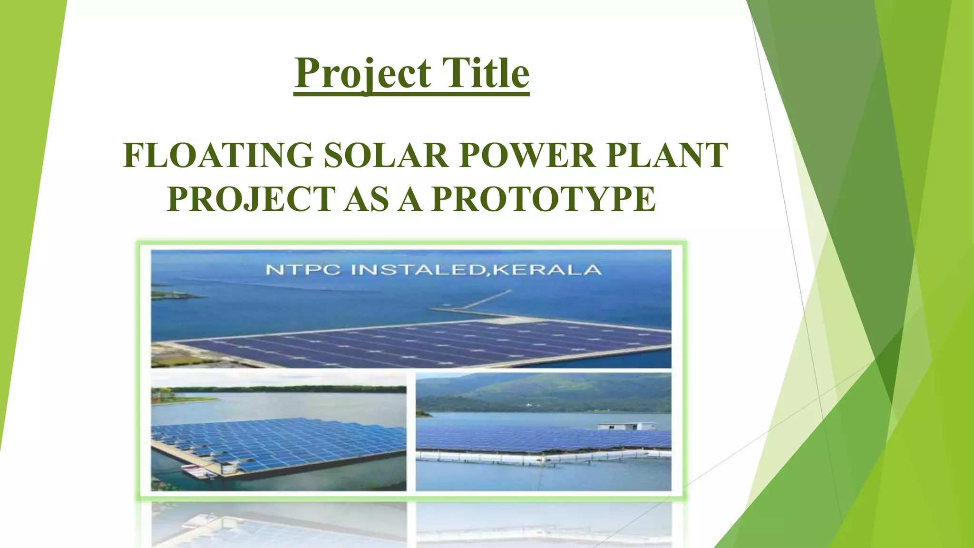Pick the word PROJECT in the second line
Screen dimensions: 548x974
pos(252,199)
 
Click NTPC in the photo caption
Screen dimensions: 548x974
pos(303,270)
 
